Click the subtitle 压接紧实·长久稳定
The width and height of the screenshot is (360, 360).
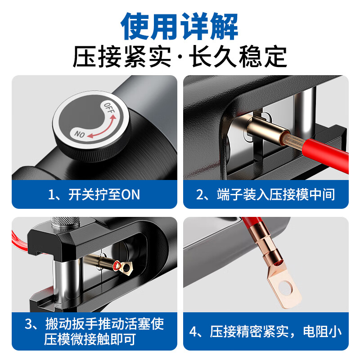tap(180, 57)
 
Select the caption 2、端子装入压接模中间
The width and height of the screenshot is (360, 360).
tap(265, 194)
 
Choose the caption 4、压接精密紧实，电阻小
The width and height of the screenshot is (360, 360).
tap(265, 332)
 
